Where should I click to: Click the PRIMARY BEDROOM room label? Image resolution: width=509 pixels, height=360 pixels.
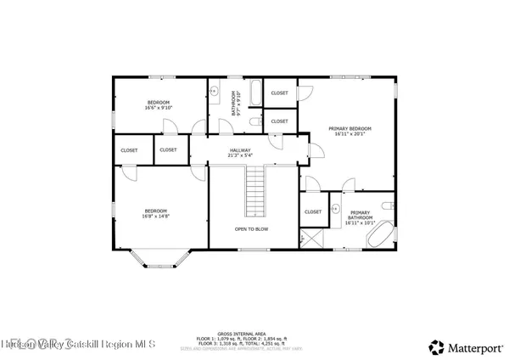pos(350,128)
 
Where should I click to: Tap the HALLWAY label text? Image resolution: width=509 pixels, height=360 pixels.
pos(239,150)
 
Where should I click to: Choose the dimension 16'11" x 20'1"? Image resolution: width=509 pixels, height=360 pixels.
pos(350,133)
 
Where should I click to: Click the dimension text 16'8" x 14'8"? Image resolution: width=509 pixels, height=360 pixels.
pos(155,217)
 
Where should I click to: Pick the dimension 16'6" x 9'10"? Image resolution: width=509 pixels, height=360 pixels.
pos(159,108)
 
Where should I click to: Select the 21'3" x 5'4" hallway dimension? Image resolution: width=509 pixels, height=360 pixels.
pos(239,155)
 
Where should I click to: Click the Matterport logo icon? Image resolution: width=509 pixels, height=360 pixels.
pos(436,346)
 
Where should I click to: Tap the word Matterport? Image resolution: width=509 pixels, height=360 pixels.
pos(472,346)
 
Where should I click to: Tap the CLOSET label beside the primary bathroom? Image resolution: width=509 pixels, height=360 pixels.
pos(313,211)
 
